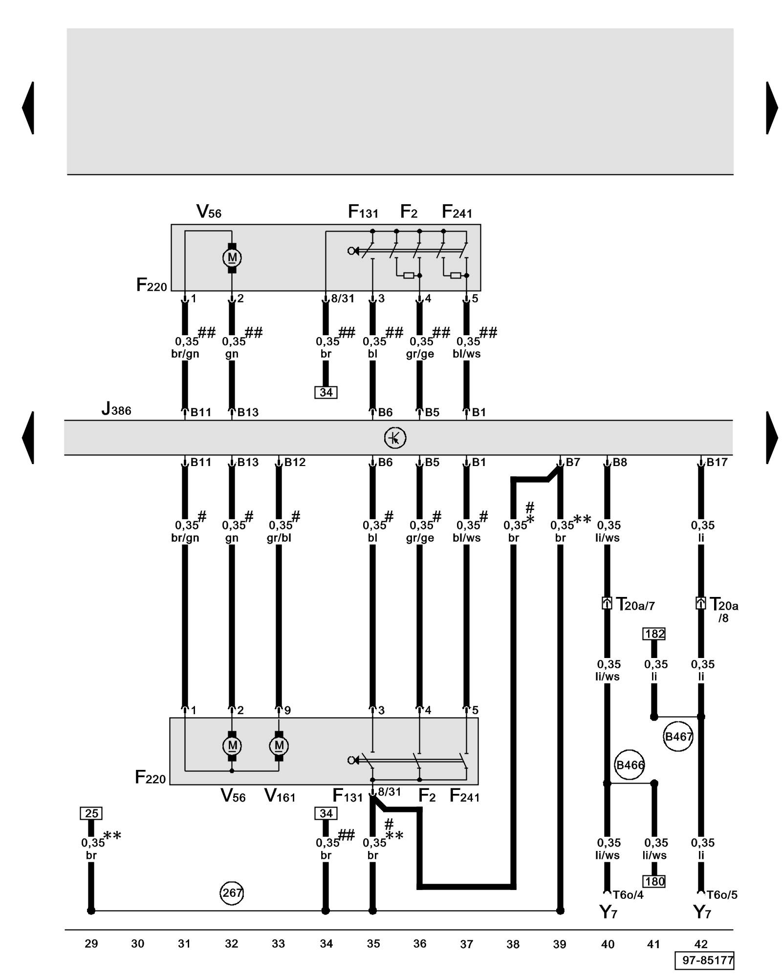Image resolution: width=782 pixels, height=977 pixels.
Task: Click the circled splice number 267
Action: click(232, 892)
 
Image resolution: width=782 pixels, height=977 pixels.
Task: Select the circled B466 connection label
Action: click(630, 765)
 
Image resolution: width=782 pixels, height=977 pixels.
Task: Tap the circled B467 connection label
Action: click(678, 736)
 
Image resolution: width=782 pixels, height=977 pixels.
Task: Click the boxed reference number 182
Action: click(654, 634)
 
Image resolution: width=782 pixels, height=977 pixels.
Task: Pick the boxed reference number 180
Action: click(654, 881)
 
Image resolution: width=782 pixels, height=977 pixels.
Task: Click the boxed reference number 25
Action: click(91, 813)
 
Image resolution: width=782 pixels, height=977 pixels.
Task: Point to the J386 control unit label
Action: click(116, 409)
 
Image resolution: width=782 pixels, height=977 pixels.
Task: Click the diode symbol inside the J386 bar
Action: click(395, 438)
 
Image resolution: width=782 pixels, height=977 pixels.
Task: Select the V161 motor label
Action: click(280, 796)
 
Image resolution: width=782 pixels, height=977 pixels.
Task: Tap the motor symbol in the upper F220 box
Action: click(232, 257)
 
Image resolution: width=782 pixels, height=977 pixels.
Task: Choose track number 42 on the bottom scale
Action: click(700, 944)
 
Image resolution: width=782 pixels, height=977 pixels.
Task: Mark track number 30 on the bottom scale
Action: click(138, 944)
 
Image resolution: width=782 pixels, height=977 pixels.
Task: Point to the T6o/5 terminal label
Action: click(721, 895)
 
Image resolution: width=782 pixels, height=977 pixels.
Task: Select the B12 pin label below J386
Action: click(295, 462)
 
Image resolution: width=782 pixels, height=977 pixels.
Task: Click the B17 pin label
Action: click(717, 462)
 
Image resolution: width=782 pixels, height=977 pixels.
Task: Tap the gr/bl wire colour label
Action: click(279, 538)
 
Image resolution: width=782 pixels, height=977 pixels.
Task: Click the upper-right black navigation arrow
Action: click(771, 108)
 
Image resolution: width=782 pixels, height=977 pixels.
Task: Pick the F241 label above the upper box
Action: click(456, 212)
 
